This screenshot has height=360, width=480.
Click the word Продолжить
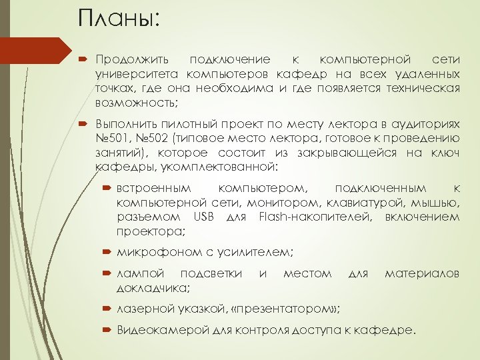[x=133, y=61]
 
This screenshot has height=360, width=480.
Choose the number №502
[x=153, y=139]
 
